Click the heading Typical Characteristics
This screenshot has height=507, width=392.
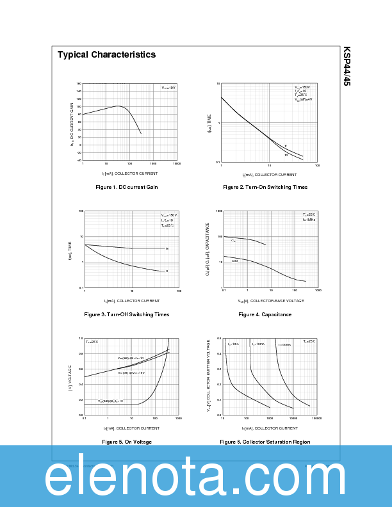(x=106, y=55)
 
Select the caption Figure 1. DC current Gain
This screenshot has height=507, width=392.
(x=126, y=187)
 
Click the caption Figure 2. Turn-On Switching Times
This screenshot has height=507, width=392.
(x=265, y=187)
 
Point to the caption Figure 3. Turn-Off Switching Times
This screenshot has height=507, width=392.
(x=127, y=314)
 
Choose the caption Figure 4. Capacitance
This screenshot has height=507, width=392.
(x=265, y=314)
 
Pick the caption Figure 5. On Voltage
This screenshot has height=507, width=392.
(x=127, y=442)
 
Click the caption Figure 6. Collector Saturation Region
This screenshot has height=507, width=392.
(x=265, y=442)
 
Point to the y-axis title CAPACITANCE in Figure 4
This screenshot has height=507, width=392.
(x=207, y=250)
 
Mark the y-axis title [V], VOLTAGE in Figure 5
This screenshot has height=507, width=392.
(x=70, y=378)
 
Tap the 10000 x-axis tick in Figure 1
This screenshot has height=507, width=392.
(x=176, y=165)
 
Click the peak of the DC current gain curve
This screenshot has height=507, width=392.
(x=118, y=106)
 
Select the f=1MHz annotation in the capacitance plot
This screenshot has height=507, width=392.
(x=309, y=220)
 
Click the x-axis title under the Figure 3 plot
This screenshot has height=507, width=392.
(x=132, y=300)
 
